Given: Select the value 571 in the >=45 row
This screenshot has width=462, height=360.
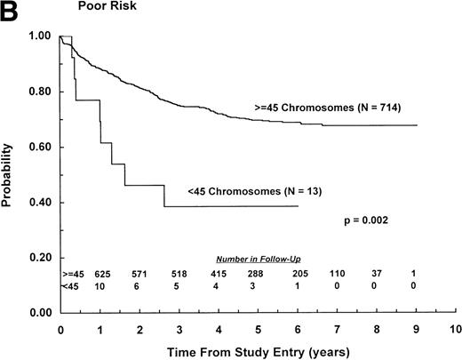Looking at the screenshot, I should coord(143,274).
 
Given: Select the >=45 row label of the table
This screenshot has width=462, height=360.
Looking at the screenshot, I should coord(73,274).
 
